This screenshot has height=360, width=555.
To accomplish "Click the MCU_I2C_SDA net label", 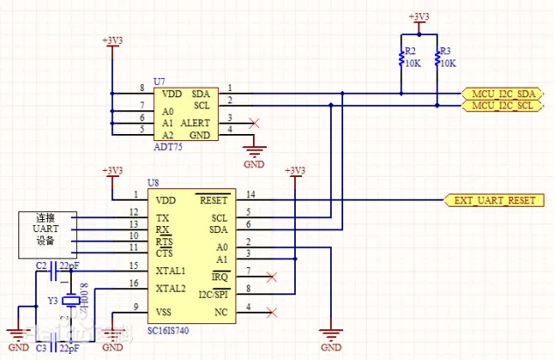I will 502,93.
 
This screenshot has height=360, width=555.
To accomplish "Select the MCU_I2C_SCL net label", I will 502,106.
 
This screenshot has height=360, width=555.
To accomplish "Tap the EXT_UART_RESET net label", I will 495,200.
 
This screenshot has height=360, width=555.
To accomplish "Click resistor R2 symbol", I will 402,60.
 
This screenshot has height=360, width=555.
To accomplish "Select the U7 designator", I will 159,80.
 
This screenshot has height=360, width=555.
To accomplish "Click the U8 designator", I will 153,183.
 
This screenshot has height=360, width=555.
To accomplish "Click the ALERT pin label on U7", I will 195,124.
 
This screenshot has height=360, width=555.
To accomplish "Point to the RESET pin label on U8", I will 213,200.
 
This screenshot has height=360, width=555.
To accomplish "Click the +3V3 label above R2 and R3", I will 420,17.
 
